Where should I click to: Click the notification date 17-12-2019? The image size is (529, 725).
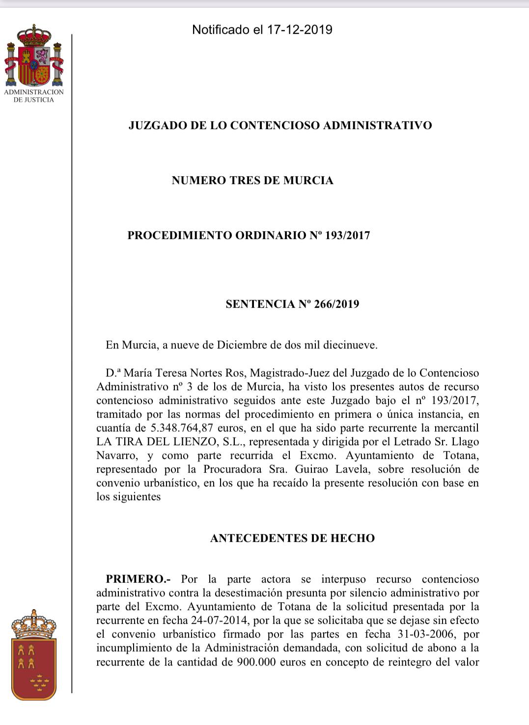[300, 30]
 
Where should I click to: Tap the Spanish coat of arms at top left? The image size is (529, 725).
[34, 56]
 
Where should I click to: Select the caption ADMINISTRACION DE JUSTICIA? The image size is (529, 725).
[34, 96]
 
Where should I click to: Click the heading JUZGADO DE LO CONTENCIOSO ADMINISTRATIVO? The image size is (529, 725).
[280, 125]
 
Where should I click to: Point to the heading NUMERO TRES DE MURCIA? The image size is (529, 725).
[252, 180]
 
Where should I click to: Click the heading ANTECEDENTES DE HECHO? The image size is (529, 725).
[292, 538]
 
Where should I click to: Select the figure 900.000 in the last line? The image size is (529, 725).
[258, 662]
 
